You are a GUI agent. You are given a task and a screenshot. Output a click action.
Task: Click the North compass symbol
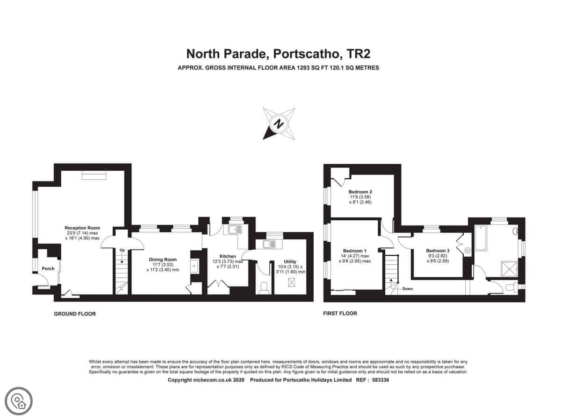click(x=279, y=124)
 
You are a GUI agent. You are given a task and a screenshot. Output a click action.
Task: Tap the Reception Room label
click(x=82, y=228)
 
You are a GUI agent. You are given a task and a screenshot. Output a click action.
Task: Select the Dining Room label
click(x=163, y=259)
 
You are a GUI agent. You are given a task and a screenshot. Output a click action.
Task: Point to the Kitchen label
click(x=228, y=256)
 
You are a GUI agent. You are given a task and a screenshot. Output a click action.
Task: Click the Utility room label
click(x=290, y=262)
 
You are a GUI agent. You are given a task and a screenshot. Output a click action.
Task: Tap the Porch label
click(x=48, y=268)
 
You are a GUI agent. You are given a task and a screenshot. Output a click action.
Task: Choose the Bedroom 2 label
click(x=360, y=192)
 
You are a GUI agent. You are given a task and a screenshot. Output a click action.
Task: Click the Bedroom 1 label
click(x=355, y=251)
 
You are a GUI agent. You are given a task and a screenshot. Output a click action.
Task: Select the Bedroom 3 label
click(x=438, y=251)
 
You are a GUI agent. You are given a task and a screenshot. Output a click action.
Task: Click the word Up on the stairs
click(x=122, y=250)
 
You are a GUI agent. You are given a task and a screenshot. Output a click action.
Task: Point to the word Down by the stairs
click(x=407, y=289)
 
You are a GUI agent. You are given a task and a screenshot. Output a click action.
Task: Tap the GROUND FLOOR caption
click(x=75, y=314)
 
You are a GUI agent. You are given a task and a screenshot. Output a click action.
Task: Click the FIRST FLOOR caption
click(x=340, y=314)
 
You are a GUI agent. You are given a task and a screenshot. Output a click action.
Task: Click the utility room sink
click(x=269, y=245)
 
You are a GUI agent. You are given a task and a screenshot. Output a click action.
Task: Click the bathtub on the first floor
click(x=481, y=238)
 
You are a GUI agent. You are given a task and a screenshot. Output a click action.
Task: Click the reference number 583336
click(x=381, y=380)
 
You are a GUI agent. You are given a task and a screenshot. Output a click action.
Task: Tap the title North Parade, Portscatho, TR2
click(x=278, y=54)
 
